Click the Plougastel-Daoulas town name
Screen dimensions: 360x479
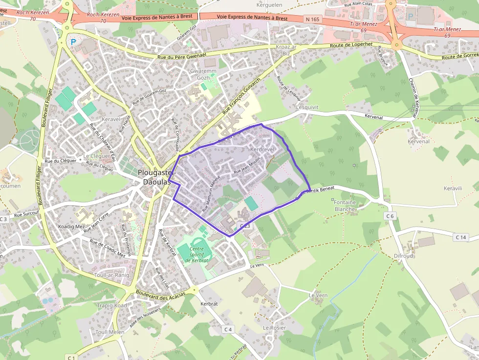[x=153, y=177]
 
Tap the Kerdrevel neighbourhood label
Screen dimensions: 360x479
[x=263, y=148]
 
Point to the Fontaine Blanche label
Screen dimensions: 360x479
[x=345, y=205]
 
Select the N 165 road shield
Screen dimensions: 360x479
[x=311, y=19]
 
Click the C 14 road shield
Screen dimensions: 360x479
[x=460, y=237]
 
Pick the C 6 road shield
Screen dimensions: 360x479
[x=390, y=216]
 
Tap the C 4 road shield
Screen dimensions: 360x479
[x=228, y=329]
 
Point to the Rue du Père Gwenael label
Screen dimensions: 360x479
[x=182, y=56]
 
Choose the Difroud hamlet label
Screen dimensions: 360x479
[x=403, y=256]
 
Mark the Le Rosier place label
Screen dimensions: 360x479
[x=274, y=328]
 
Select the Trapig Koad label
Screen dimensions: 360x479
[x=112, y=305]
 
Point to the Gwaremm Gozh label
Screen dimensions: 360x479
[x=199, y=74]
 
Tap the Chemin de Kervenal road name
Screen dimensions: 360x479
[x=414, y=98]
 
